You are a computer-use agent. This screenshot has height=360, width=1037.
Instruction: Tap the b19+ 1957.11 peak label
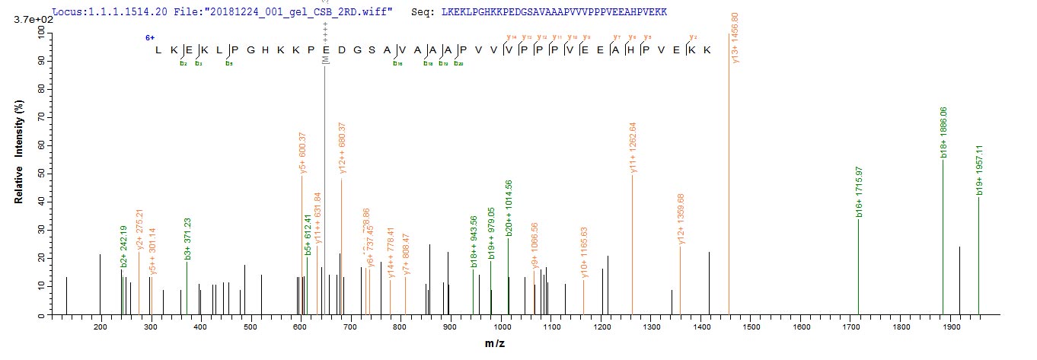point(980,170)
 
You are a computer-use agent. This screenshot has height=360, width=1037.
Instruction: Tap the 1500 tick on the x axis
point(751,327)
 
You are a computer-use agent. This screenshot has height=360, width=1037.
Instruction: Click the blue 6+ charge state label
point(151,37)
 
